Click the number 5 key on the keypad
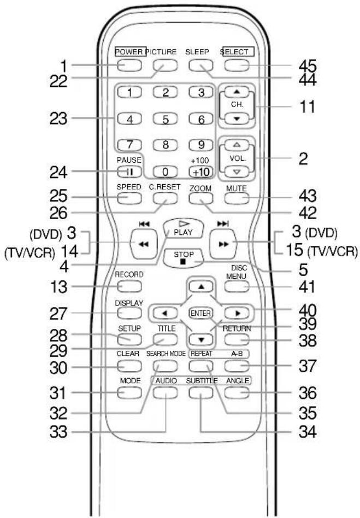(165, 119)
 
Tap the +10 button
(201, 172)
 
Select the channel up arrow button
(237, 92)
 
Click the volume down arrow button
(237, 172)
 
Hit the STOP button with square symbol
(184, 258)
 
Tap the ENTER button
(201, 313)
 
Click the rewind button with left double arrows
(144, 244)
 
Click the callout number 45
(308, 66)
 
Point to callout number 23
(58, 118)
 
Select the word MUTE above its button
(237, 189)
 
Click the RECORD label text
(129, 274)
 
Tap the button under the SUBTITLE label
(201, 392)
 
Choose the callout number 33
(58, 432)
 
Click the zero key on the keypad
(165, 172)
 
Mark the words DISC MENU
(237, 272)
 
